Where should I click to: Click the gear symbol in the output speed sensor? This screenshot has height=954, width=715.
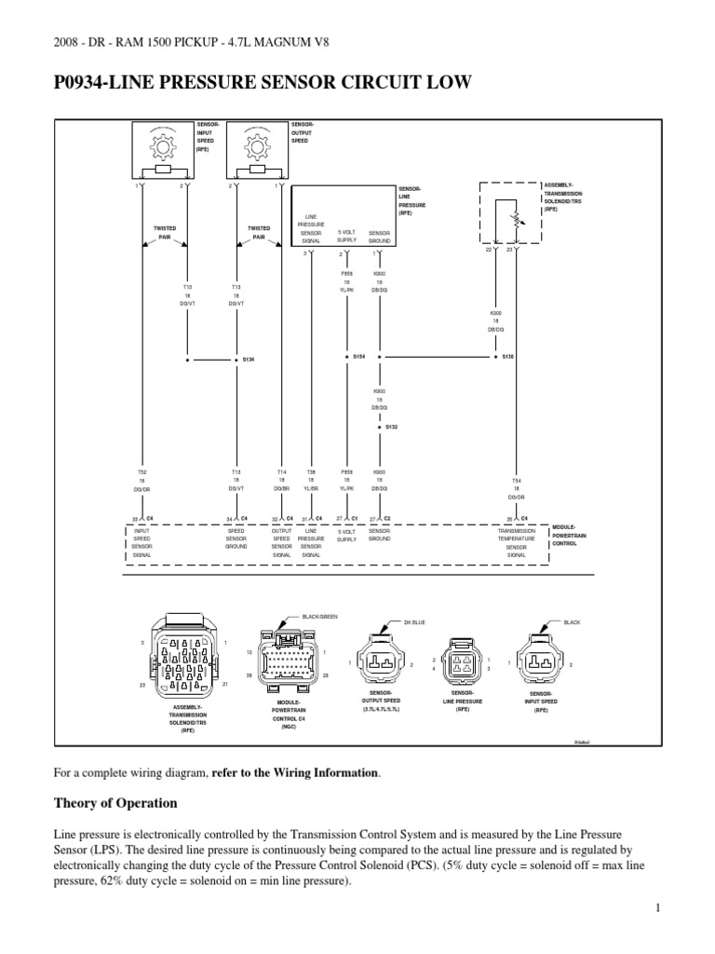pyautogui.click(x=257, y=149)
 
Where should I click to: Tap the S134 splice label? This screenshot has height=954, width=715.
pyautogui.click(x=249, y=358)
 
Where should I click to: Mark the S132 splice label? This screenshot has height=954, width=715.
pyautogui.click(x=390, y=427)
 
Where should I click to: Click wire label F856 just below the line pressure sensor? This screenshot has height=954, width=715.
pyautogui.click(x=346, y=274)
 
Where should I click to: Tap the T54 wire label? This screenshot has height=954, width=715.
pyautogui.click(x=517, y=481)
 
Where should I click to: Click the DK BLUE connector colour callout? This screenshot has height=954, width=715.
pyautogui.click(x=413, y=621)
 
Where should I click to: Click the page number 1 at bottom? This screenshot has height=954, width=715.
pyautogui.click(x=656, y=908)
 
